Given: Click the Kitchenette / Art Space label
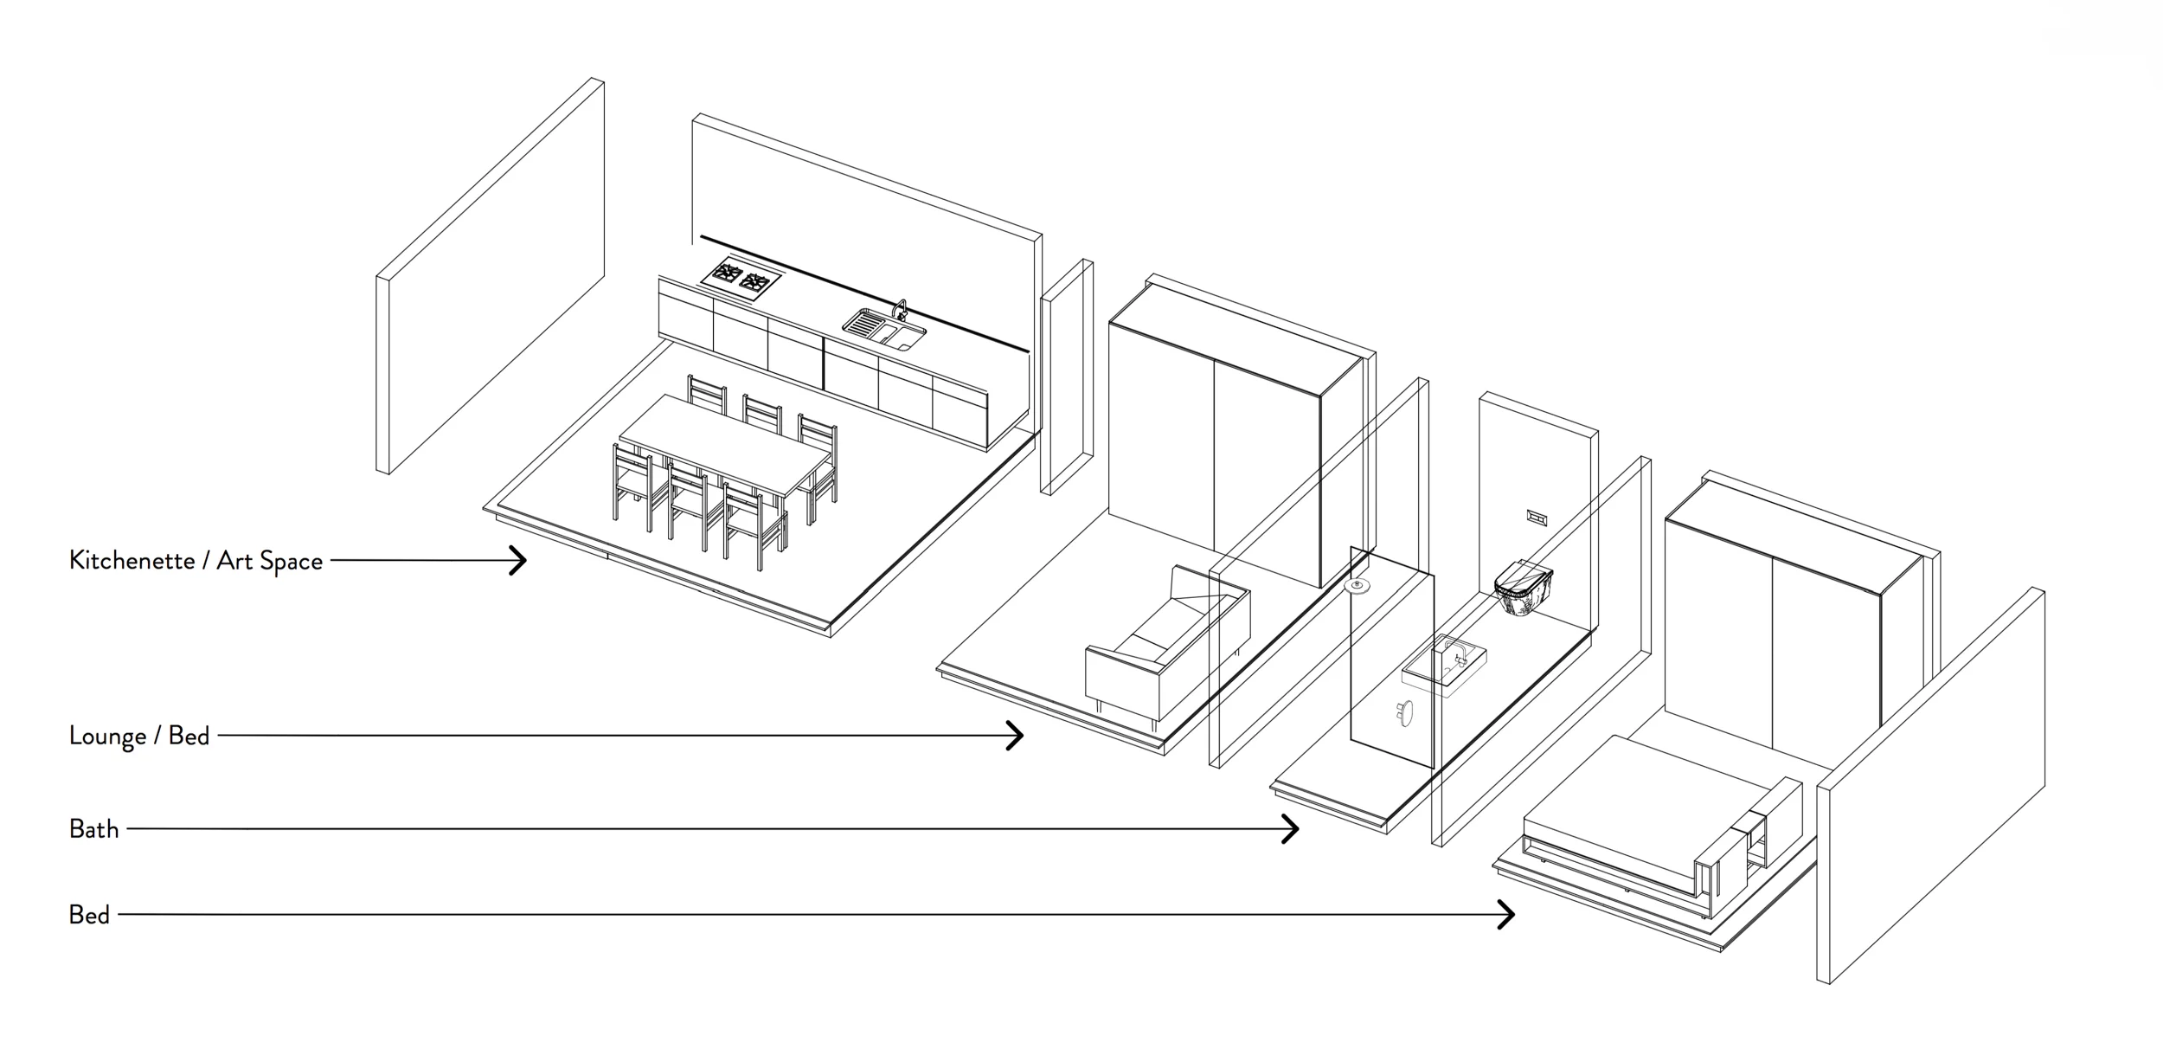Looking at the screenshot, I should pos(196,561).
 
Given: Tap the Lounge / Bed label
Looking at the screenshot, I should pos(139,736).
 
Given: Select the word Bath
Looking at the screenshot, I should pos(93,829).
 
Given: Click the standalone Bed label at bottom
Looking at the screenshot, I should pos(89,915).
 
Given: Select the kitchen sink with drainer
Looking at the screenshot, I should pos(883,331).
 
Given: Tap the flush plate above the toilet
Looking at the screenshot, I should pos(1537,518).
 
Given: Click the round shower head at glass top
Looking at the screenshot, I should pos(1357,587).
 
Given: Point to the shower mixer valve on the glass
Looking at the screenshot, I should pos(1403,713).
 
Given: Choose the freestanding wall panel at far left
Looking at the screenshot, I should pos(490,277).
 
